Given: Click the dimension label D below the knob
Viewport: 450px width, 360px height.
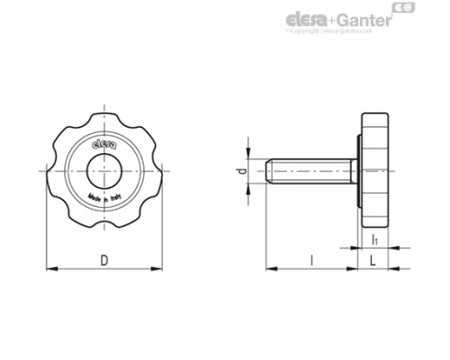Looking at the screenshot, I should tap(104, 259).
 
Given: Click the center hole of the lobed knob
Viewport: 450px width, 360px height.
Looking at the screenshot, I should tap(103, 168).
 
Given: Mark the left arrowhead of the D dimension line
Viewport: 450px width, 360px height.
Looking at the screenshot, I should tap(49, 267).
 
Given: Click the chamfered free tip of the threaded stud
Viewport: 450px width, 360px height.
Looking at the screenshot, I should tap(270, 170).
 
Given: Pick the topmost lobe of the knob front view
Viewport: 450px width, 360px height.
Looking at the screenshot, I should tap(103, 117).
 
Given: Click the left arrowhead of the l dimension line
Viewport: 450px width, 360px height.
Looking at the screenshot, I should tap(270, 267).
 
